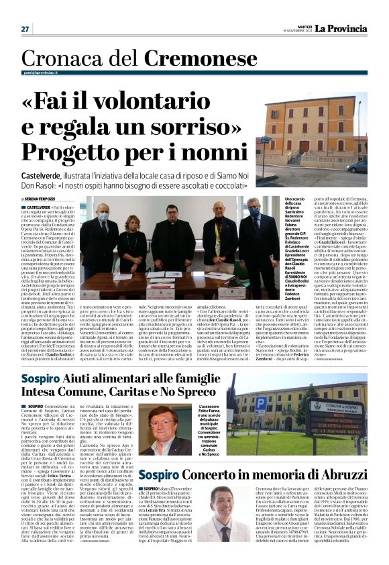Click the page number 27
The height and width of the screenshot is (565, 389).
pos(25,29)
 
